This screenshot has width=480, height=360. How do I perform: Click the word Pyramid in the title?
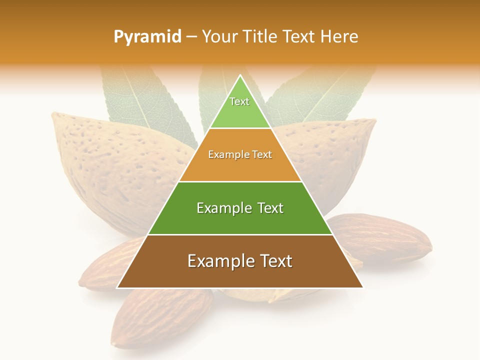click(x=147, y=37)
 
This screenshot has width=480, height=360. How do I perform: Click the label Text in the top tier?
click(x=239, y=101)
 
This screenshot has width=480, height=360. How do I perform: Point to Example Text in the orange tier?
click(x=240, y=154)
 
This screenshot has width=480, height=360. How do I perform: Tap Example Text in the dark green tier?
click(x=240, y=208)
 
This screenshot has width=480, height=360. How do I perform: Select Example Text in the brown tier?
click(x=240, y=261)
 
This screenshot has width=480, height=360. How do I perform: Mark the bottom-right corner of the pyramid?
click(x=362, y=287)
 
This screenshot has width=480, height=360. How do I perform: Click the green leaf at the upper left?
click(x=145, y=100)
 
